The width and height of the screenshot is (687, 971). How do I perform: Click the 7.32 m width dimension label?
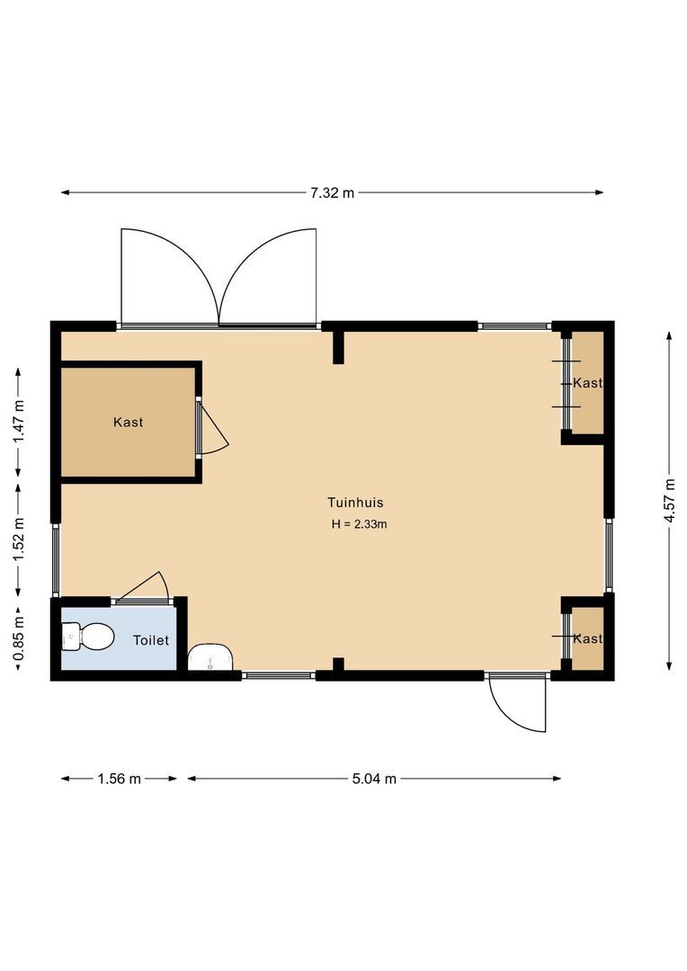click(x=332, y=192)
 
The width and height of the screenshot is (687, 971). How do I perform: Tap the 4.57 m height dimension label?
click(x=670, y=499)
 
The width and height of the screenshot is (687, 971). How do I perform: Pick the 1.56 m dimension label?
click(x=119, y=779)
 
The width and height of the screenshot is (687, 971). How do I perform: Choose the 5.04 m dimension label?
click(x=374, y=779)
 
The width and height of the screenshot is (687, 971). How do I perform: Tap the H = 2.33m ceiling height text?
click(x=359, y=524)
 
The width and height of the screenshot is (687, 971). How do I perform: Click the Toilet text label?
click(x=150, y=640)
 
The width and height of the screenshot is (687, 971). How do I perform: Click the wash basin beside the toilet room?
click(x=210, y=657)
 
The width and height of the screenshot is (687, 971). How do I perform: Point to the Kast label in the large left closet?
click(x=128, y=422)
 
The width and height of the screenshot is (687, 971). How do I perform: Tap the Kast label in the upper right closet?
click(x=587, y=383)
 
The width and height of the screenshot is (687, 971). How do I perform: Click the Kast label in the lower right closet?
click(x=587, y=638)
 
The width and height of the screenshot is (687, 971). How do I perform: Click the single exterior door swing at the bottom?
click(x=518, y=703)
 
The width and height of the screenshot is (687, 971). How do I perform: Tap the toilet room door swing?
click(x=146, y=586)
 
